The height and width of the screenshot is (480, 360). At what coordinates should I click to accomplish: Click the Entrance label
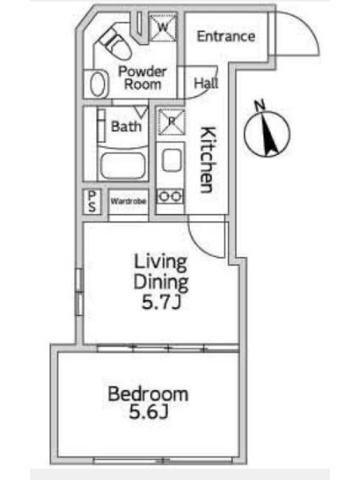point(226,37)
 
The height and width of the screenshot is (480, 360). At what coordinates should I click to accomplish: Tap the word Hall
point(206,83)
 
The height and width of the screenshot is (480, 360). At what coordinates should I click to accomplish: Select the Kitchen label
point(206,160)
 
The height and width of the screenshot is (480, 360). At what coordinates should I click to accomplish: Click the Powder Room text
point(142,78)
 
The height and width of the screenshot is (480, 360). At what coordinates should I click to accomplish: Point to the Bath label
point(126,126)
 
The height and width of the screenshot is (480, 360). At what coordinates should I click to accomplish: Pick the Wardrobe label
point(128,201)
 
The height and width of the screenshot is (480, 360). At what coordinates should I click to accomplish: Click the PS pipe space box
point(92,202)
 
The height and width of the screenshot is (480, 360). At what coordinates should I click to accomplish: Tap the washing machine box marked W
point(163,28)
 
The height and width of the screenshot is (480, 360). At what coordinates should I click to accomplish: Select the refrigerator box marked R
point(172,122)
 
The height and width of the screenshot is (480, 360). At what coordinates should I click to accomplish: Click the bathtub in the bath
point(123,166)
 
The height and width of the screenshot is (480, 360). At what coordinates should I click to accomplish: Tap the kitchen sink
point(172,160)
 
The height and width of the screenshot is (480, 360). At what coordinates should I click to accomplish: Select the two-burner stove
point(170,196)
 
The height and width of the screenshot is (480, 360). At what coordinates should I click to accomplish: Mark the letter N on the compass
point(260,106)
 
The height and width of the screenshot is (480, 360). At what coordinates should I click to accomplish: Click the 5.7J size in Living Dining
point(161,303)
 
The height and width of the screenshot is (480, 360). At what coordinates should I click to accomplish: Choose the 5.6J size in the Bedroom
point(148,412)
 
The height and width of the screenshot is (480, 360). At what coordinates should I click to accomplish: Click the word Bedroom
point(148,394)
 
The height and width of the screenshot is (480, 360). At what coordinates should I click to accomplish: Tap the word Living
point(160,263)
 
